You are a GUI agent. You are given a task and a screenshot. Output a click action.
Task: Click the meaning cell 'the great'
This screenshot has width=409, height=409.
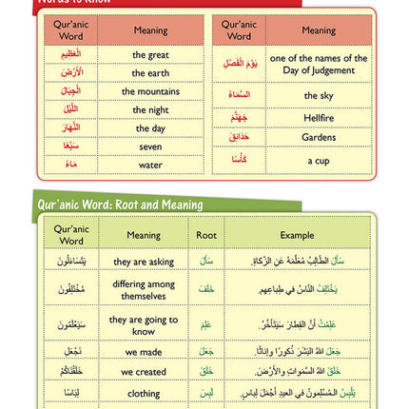(150, 55)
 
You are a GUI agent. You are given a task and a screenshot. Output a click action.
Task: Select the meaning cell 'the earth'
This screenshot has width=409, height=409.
(150, 73)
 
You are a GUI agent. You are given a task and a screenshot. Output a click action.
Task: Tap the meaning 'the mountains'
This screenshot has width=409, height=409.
(150, 91)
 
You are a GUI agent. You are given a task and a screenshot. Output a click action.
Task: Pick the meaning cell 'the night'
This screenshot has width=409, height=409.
(150, 110)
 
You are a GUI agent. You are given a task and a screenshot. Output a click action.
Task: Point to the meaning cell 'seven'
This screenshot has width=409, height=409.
(150, 146)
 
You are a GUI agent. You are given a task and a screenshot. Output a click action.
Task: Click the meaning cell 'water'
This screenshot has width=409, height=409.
(150, 165)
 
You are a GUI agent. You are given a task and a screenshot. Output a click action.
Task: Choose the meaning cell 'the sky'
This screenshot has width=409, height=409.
(318, 96)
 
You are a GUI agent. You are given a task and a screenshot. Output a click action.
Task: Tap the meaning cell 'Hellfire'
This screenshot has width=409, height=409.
(318, 118)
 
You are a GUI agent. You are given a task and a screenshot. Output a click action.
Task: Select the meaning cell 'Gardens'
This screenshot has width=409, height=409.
(318, 137)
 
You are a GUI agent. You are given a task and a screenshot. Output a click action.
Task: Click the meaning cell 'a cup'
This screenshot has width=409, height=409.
(318, 160)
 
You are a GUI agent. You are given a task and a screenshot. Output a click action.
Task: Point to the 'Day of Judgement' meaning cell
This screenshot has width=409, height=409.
(318, 64)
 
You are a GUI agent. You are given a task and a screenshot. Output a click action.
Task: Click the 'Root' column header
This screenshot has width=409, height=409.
(206, 235)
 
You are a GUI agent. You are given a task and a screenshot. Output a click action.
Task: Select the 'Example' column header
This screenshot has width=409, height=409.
(297, 235)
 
